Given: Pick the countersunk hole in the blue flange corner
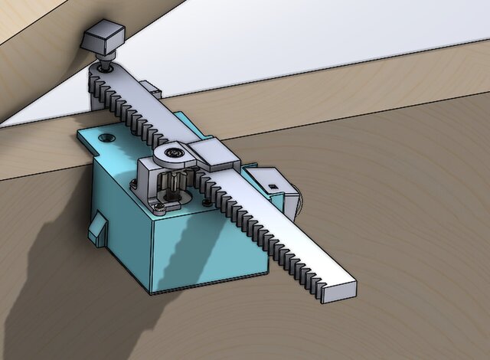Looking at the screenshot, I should click(106, 137).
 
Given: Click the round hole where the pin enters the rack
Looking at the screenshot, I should click(103, 70).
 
